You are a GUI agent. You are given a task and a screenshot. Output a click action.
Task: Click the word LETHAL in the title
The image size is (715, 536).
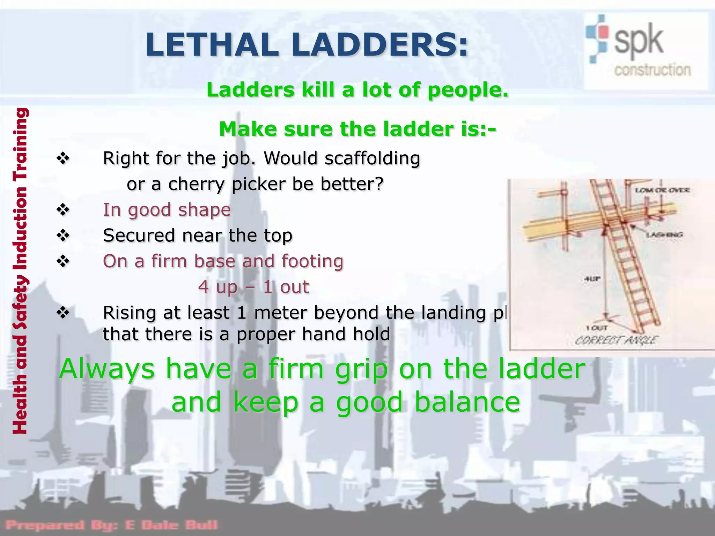point(211,45)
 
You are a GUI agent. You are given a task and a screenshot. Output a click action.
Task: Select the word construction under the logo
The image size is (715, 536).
point(652,70)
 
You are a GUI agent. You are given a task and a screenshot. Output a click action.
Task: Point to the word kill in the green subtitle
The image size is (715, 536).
point(319,90)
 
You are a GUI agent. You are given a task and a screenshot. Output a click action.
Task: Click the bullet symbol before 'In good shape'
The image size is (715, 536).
point(63,210)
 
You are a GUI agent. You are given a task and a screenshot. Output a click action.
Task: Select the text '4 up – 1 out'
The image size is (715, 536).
point(253,287)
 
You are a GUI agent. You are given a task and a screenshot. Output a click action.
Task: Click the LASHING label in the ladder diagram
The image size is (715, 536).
point(664,235)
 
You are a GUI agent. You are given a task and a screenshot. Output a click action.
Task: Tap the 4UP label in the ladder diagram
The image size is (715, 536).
point(592,279)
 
